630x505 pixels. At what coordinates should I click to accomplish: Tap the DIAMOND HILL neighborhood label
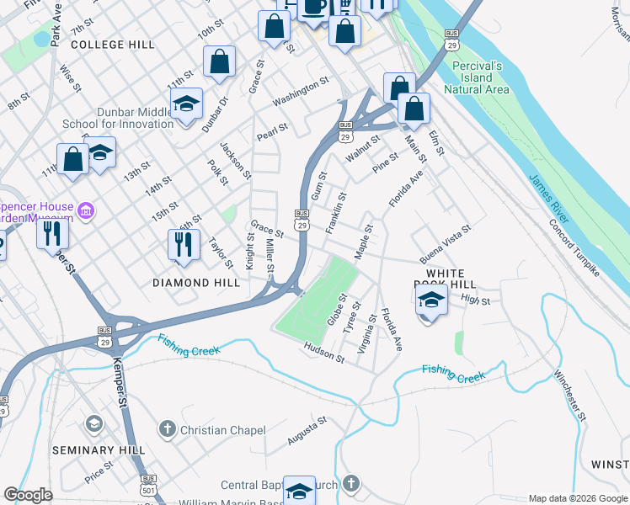tap(196, 284)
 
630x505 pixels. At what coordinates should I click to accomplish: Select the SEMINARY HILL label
tap(89, 450)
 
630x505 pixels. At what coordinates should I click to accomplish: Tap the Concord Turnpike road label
tap(574, 248)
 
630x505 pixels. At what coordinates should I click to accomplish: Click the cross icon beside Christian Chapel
tap(168, 430)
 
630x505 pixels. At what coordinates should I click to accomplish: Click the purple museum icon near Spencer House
tap(85, 210)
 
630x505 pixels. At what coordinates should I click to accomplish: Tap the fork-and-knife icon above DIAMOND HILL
tap(184, 245)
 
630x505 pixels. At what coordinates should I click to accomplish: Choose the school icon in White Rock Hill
tap(431, 301)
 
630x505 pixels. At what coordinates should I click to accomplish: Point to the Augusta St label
tap(307, 434)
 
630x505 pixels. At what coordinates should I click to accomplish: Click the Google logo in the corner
tap(28, 495)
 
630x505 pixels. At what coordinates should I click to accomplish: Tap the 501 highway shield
tap(148, 490)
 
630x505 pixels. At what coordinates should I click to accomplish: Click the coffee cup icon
tap(314, 7)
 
